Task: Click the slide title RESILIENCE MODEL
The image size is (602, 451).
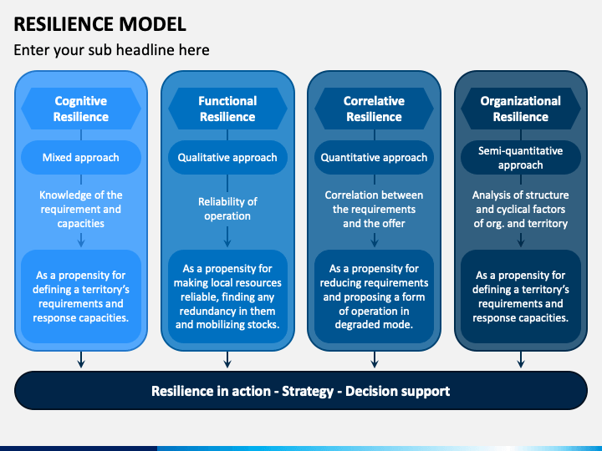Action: point(99,24)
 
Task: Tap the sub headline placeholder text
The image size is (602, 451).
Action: point(111,50)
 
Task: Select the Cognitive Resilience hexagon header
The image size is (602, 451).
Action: point(81,109)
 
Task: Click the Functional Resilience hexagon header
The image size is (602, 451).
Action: point(227,109)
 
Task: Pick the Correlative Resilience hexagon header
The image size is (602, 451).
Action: point(374,109)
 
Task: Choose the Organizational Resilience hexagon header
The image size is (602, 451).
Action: point(521,109)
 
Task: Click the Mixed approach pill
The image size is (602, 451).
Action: point(81,157)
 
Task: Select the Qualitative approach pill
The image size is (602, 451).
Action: point(227,157)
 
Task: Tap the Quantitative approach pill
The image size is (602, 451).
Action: point(374,157)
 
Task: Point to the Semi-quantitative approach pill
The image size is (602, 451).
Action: point(521,158)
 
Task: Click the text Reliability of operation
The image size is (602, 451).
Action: point(227,209)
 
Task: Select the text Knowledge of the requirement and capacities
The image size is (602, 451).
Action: point(81,209)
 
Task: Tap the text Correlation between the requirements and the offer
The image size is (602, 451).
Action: point(374,209)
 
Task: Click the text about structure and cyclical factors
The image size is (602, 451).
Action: point(521,209)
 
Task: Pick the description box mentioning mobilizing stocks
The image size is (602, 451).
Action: point(227,296)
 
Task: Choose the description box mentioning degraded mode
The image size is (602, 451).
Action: point(374,296)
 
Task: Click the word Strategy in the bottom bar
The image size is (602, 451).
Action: point(308,391)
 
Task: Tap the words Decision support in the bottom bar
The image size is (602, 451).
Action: point(397,391)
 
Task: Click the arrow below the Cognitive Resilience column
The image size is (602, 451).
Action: point(81,360)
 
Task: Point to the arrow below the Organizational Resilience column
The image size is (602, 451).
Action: point(521,360)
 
